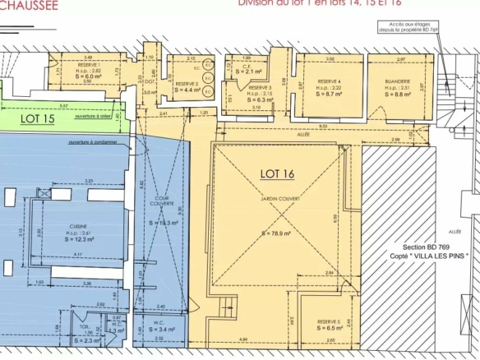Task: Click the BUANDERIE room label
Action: tap(397, 82)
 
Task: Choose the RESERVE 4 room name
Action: tap(329, 82)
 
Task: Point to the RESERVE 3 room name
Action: tap(259, 87)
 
